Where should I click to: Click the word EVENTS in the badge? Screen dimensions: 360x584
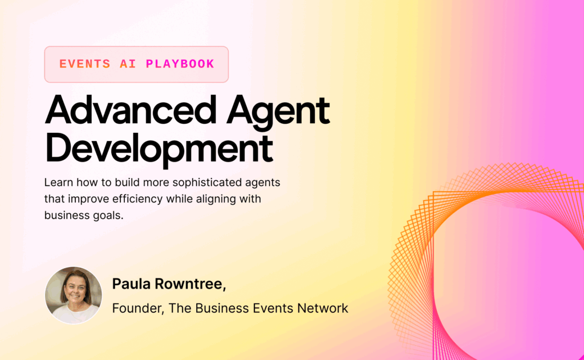click(85, 64)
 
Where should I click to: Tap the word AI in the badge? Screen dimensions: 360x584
click(128, 64)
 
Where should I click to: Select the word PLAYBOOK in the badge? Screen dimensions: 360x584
click(180, 64)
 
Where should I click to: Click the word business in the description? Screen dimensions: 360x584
click(65, 216)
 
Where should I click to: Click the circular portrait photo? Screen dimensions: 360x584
click(74, 295)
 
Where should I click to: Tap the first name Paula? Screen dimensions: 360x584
click(130, 284)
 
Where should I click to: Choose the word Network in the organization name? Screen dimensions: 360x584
click(321, 308)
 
